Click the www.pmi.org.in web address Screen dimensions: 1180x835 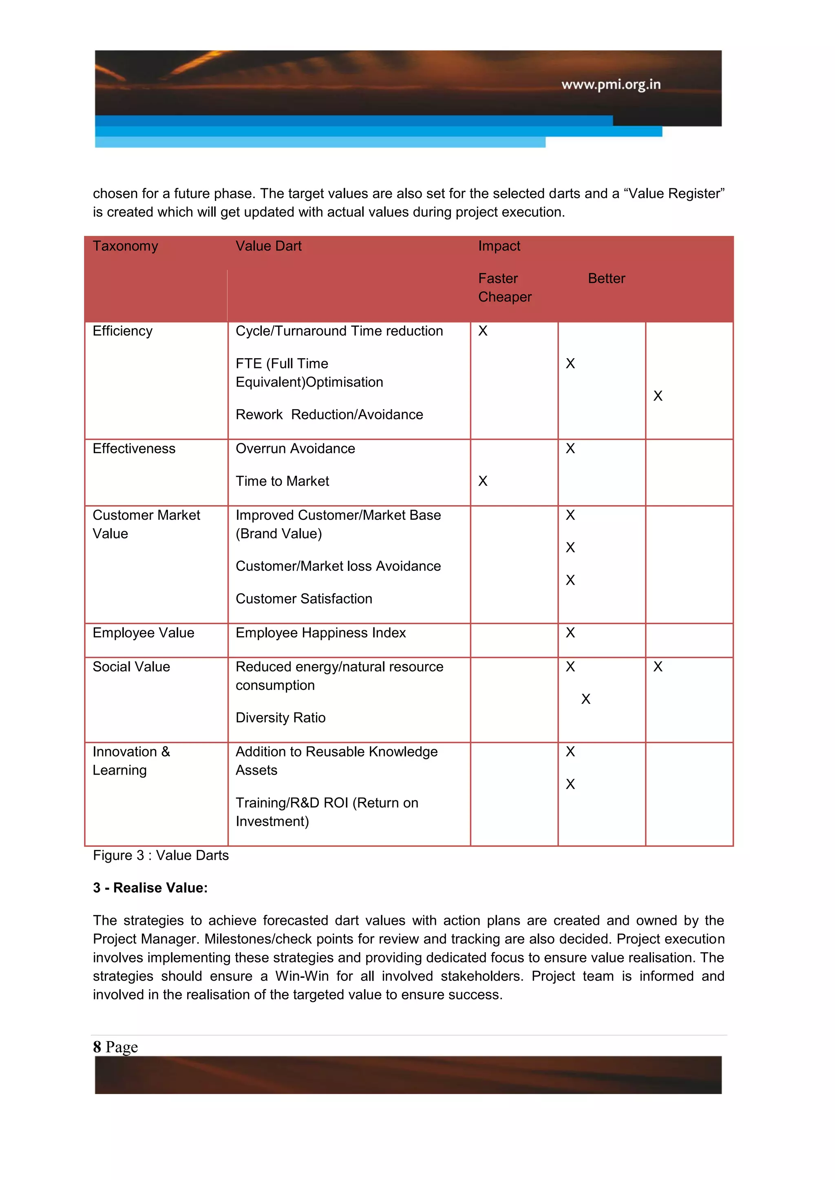(x=611, y=84)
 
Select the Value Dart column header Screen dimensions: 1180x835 (x=268, y=246)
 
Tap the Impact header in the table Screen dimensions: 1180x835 (x=499, y=246)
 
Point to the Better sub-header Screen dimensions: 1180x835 (x=606, y=279)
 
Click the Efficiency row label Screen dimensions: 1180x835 (x=122, y=331)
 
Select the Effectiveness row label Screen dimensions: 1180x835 (x=134, y=449)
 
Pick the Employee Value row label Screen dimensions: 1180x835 (x=144, y=633)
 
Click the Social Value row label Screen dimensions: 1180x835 (x=131, y=667)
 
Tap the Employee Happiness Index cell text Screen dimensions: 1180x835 (x=320, y=633)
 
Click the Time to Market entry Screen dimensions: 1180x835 (x=282, y=481)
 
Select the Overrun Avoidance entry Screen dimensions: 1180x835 (x=295, y=449)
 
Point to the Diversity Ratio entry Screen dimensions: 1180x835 (x=280, y=718)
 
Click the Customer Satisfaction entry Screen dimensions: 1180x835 (x=303, y=599)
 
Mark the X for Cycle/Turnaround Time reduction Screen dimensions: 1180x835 (x=482, y=331)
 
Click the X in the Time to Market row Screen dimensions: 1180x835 (x=482, y=481)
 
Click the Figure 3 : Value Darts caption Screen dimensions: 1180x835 (x=160, y=855)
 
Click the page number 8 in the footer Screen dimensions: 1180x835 (x=97, y=1046)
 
